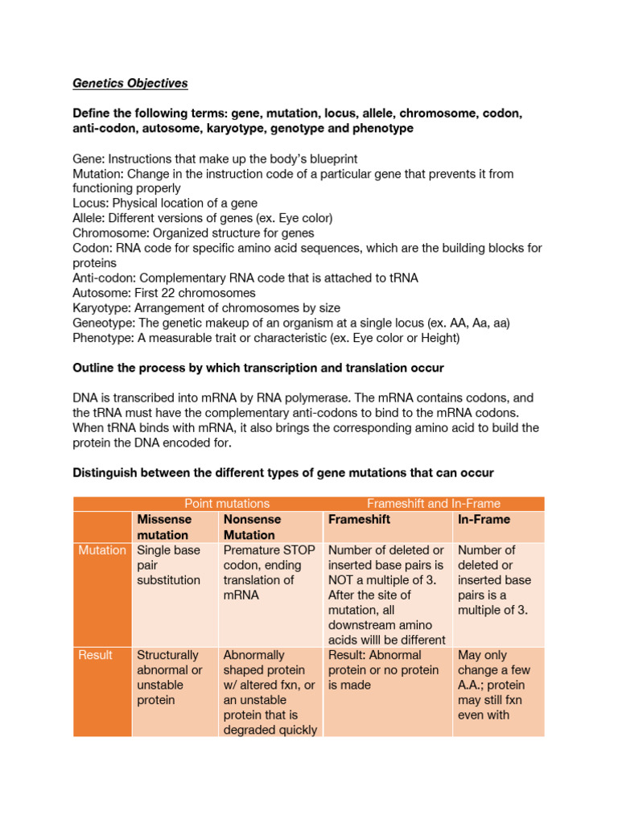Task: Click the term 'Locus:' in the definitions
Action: point(90,203)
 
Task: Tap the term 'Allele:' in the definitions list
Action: point(89,218)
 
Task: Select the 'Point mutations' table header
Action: point(227,504)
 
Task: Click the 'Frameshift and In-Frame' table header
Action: point(433,504)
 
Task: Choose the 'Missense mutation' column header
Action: point(163,527)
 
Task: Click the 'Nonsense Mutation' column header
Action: point(249,527)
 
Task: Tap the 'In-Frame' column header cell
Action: point(480,520)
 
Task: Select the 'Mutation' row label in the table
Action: point(102,550)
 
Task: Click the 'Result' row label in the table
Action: point(95,655)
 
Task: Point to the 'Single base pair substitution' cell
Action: point(169,565)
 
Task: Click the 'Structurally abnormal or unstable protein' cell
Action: point(169,678)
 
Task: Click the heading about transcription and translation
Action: point(258,368)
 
